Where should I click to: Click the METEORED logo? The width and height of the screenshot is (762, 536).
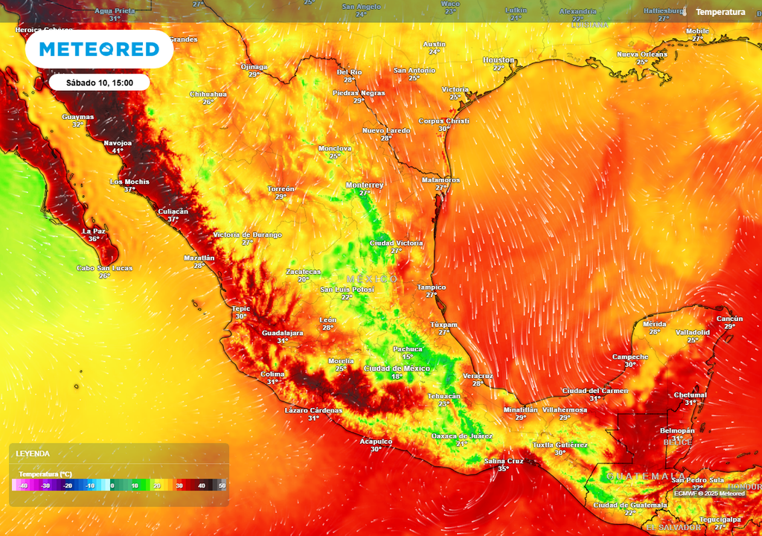pyautogui.click(x=99, y=49)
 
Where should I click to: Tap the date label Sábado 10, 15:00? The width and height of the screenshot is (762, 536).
pyautogui.click(x=100, y=83)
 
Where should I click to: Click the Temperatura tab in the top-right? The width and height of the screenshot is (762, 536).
pyautogui.click(x=720, y=12)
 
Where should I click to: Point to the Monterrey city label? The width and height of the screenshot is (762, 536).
pyautogui.click(x=365, y=185)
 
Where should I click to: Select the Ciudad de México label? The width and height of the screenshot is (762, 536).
pyautogui.click(x=397, y=368)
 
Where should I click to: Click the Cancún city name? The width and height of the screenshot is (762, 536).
pyautogui.click(x=729, y=319)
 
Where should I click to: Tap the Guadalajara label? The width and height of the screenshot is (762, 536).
pyautogui.click(x=283, y=333)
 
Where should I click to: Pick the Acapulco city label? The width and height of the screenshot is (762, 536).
pyautogui.click(x=376, y=441)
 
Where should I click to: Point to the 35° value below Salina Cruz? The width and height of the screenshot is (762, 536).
pyautogui.click(x=504, y=469)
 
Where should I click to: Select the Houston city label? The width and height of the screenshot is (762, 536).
pyautogui.click(x=499, y=60)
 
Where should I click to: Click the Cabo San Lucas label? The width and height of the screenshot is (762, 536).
pyautogui.click(x=104, y=268)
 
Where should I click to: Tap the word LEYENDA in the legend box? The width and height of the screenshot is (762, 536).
pyautogui.click(x=33, y=453)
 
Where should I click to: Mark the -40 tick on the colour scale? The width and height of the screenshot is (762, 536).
pyautogui.click(x=24, y=485)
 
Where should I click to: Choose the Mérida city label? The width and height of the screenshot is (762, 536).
pyautogui.click(x=654, y=324)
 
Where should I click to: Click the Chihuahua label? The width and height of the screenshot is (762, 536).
pyautogui.click(x=208, y=95)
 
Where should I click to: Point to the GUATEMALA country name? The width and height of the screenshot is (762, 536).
pyautogui.click(x=646, y=476)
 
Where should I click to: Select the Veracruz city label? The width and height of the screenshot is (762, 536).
pyautogui.click(x=478, y=376)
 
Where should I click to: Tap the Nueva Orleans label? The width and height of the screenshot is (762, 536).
pyautogui.click(x=642, y=54)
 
